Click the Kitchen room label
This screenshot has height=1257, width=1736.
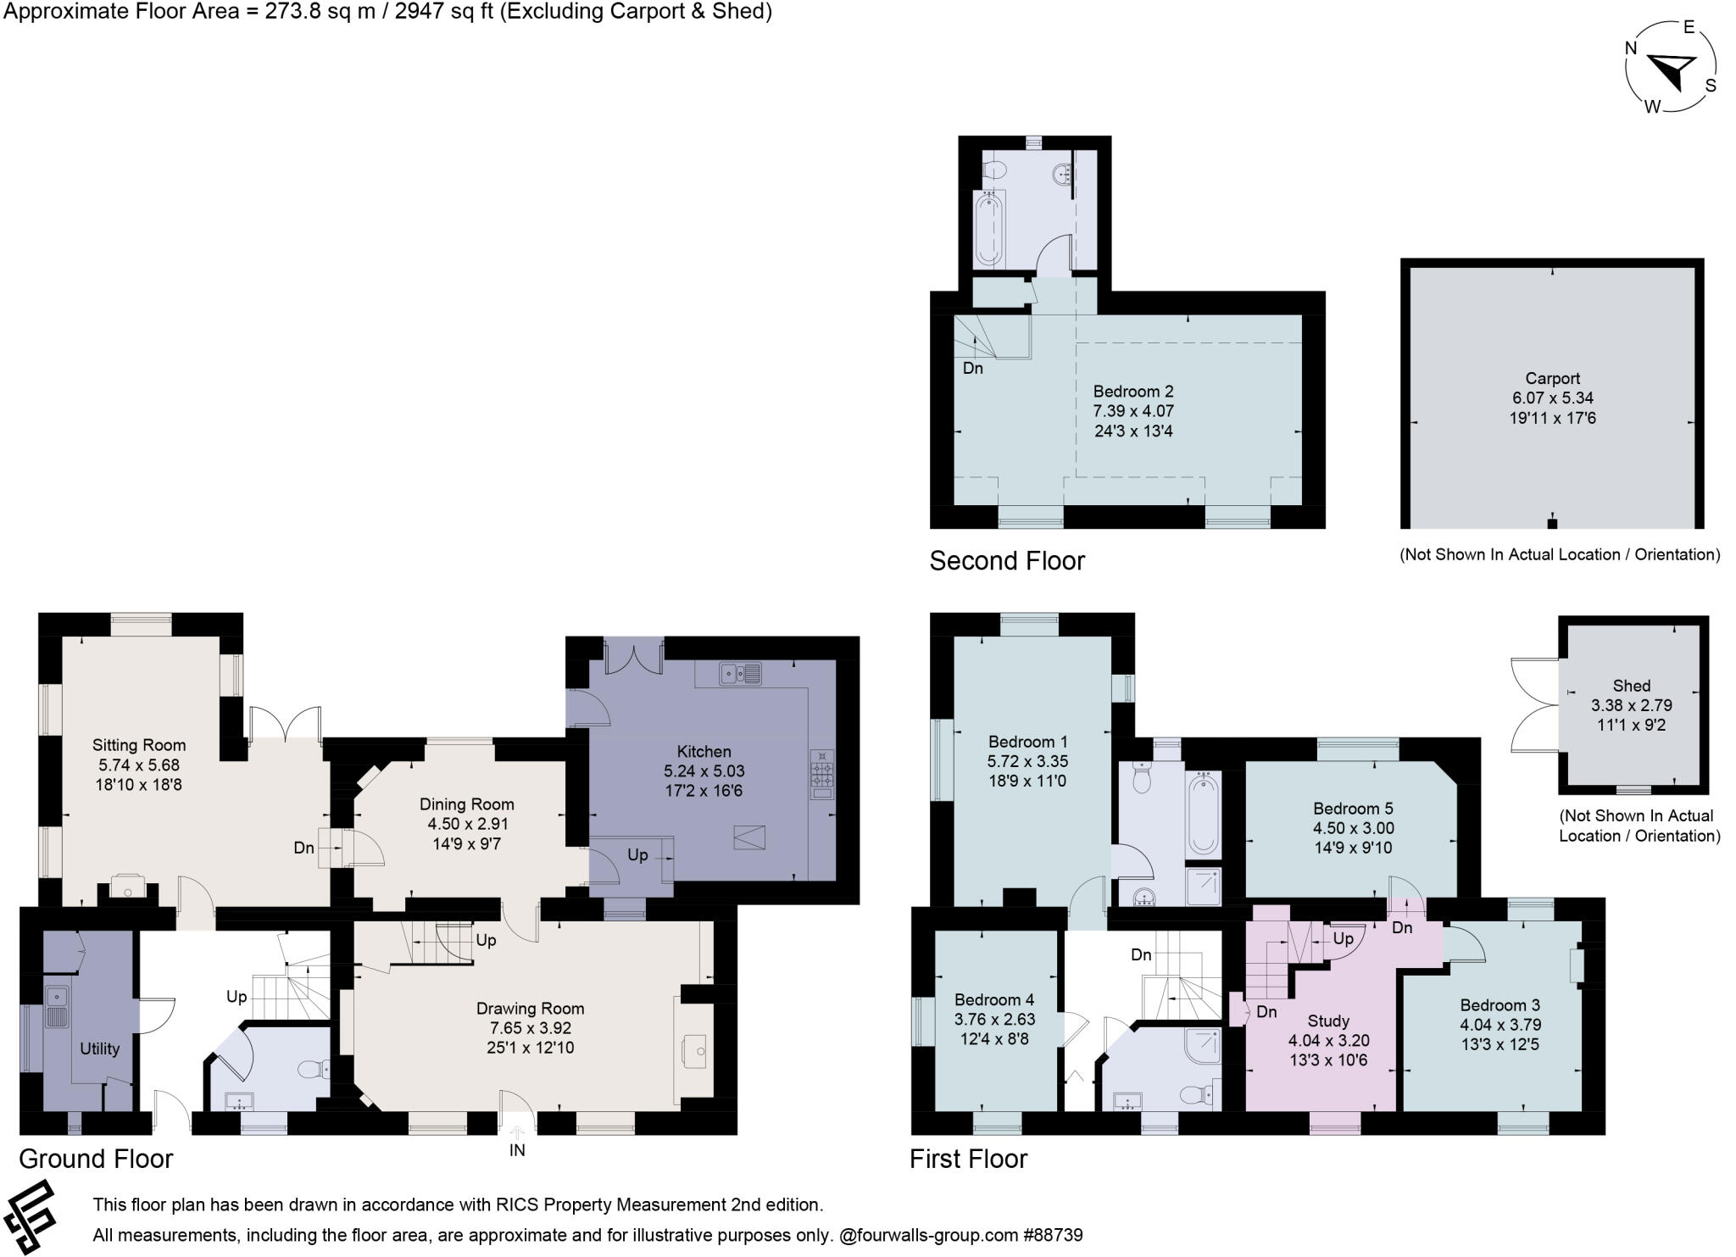[x=704, y=752]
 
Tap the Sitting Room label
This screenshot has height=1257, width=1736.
[x=139, y=745]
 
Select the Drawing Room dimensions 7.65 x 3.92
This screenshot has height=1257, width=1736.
[x=530, y=1028]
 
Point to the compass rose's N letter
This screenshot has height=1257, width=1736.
[x=1630, y=48]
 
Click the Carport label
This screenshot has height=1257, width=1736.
[x=1552, y=379]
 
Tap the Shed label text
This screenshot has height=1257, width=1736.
[x=1631, y=686]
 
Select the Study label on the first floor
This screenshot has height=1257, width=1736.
[x=1327, y=1021]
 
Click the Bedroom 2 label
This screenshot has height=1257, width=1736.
[x=1132, y=392]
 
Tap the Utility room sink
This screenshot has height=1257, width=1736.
[x=58, y=1006]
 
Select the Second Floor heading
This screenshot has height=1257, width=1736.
[x=1006, y=561]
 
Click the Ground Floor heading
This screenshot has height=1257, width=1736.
[x=96, y=1159]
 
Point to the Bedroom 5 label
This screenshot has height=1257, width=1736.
[x=1353, y=809]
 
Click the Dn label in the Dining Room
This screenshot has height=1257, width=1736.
[x=303, y=848]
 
